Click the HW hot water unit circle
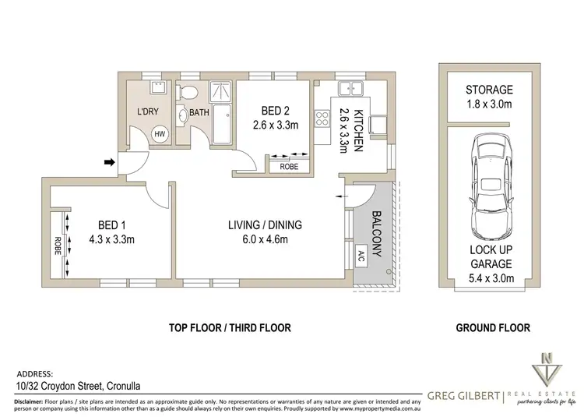coord(160,134)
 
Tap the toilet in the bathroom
coord(185,94)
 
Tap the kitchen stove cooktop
coord(320,119)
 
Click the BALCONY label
coord(376,232)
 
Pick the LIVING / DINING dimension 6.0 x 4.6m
coord(264,239)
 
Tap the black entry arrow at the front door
coord(110,163)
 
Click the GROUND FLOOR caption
coord(492,328)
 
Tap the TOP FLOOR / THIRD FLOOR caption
coord(230,328)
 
